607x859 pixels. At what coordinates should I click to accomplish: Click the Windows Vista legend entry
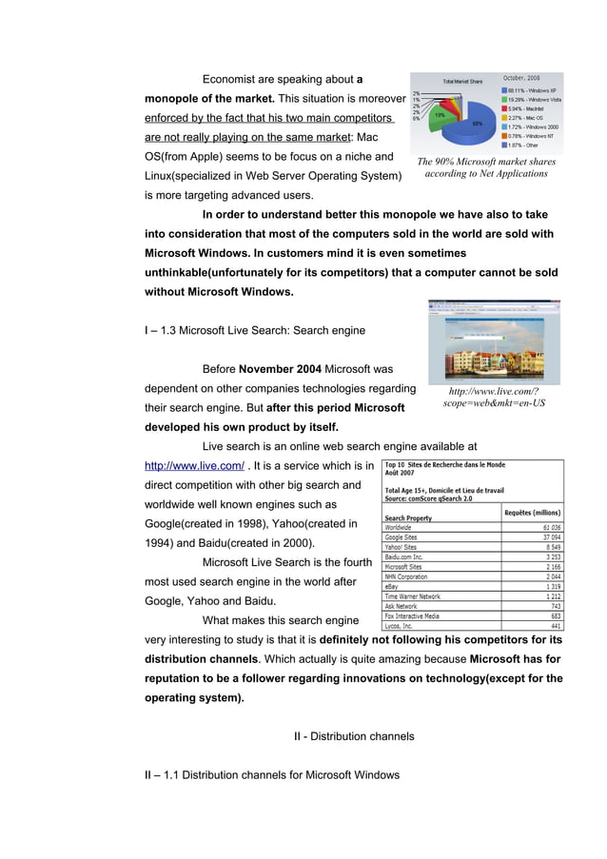point(534,99)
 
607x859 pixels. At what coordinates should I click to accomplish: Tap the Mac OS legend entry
point(528,117)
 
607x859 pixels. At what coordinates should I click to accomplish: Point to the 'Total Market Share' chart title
point(461,81)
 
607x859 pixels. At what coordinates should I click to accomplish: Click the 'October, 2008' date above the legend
point(521,77)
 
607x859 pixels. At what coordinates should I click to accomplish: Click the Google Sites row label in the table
point(404,537)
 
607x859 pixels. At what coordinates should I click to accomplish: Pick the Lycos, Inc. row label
point(401,626)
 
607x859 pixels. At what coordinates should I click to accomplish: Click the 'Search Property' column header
point(408,517)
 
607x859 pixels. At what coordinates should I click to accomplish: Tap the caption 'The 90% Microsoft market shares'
point(486,162)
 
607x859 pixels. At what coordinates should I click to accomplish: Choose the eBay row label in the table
point(392,587)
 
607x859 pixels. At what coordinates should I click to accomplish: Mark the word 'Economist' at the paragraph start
point(230,79)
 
